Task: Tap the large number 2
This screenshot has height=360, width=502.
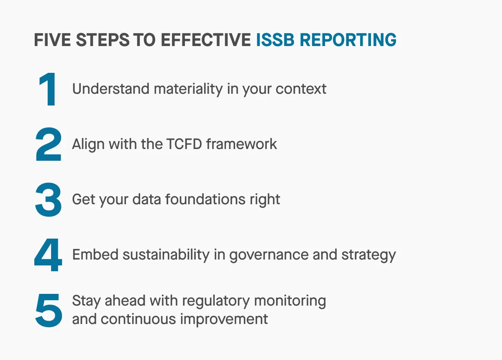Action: pos(49,145)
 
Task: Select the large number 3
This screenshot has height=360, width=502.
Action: pos(49,201)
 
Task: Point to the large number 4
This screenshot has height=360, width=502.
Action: pos(49,255)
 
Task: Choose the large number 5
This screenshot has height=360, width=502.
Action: pos(49,311)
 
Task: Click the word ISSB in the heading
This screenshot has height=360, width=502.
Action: pos(276,40)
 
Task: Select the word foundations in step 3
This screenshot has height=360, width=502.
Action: pos(205,200)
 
